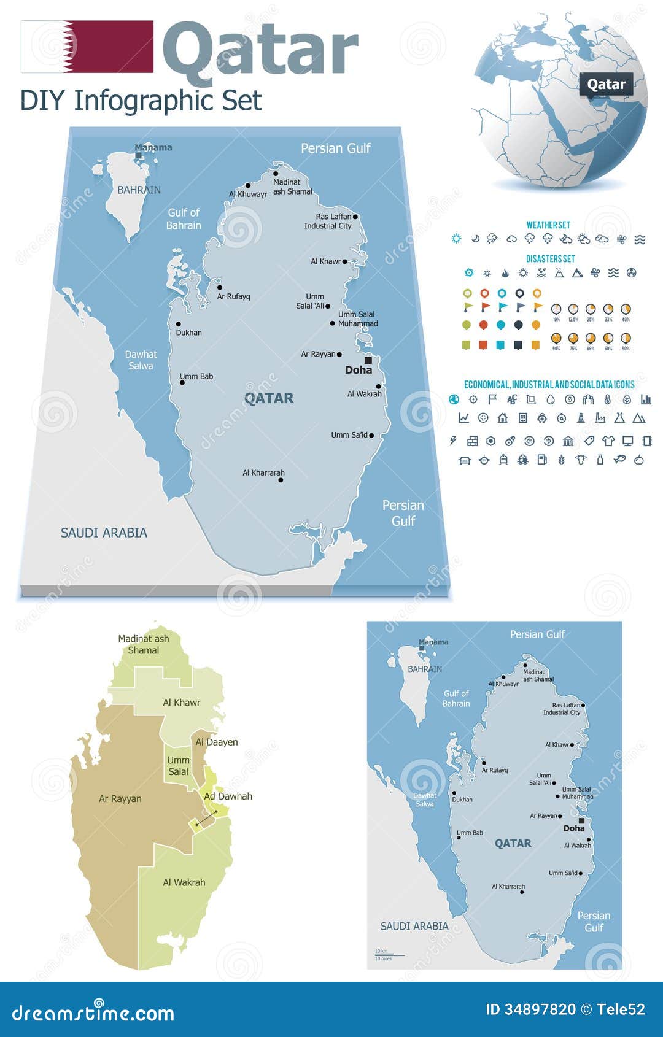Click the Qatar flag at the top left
[87, 47]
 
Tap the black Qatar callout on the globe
[606, 85]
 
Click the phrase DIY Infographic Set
[141, 101]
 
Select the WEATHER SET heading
[548, 225]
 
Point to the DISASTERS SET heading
[550, 259]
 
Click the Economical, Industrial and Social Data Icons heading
[549, 385]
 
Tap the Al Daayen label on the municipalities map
[217, 742]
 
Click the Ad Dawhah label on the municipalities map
[228, 796]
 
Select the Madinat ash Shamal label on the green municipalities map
[144, 644]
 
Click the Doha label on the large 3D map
[359, 370]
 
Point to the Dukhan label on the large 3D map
[188, 333]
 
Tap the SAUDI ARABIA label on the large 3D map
[104, 533]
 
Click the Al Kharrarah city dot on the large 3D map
[281, 480]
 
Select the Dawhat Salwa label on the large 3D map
[141, 360]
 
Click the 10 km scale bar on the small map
[389, 955]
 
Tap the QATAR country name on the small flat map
[513, 843]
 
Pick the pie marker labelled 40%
[626, 309]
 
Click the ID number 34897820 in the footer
[531, 1009]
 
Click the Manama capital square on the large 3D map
[139, 156]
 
